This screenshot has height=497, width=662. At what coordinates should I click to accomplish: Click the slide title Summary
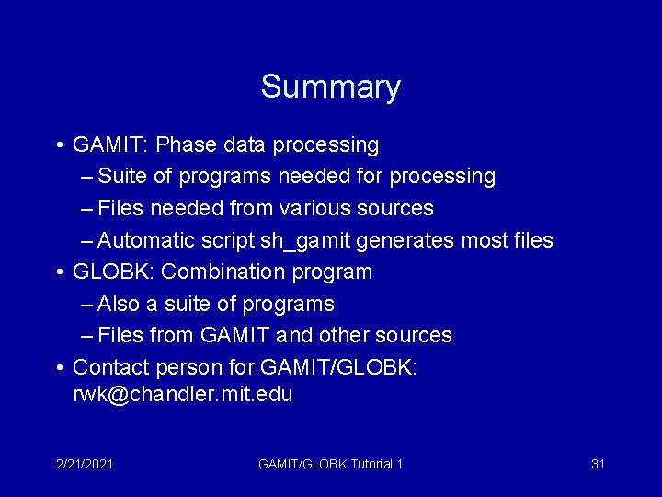[x=330, y=87]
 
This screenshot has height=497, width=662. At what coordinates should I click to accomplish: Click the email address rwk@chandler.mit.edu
[x=182, y=395]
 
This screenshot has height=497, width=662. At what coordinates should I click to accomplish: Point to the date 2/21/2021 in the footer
[x=84, y=464]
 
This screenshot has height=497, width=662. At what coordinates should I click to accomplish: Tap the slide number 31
[x=598, y=464]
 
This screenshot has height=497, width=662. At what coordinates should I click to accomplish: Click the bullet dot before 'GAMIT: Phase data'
[x=58, y=145]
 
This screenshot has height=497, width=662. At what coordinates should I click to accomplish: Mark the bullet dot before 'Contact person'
[x=58, y=368]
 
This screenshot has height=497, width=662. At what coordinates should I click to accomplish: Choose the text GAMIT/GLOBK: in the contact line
[x=339, y=367]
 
